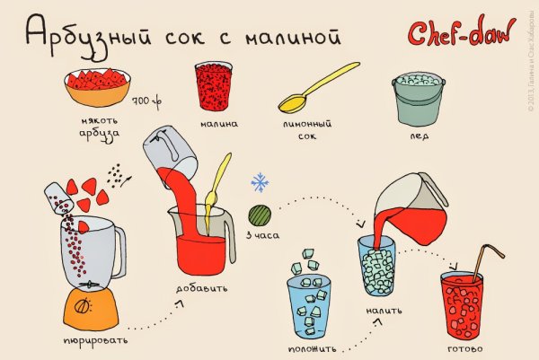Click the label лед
click(420, 136)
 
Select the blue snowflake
click(260, 183)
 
